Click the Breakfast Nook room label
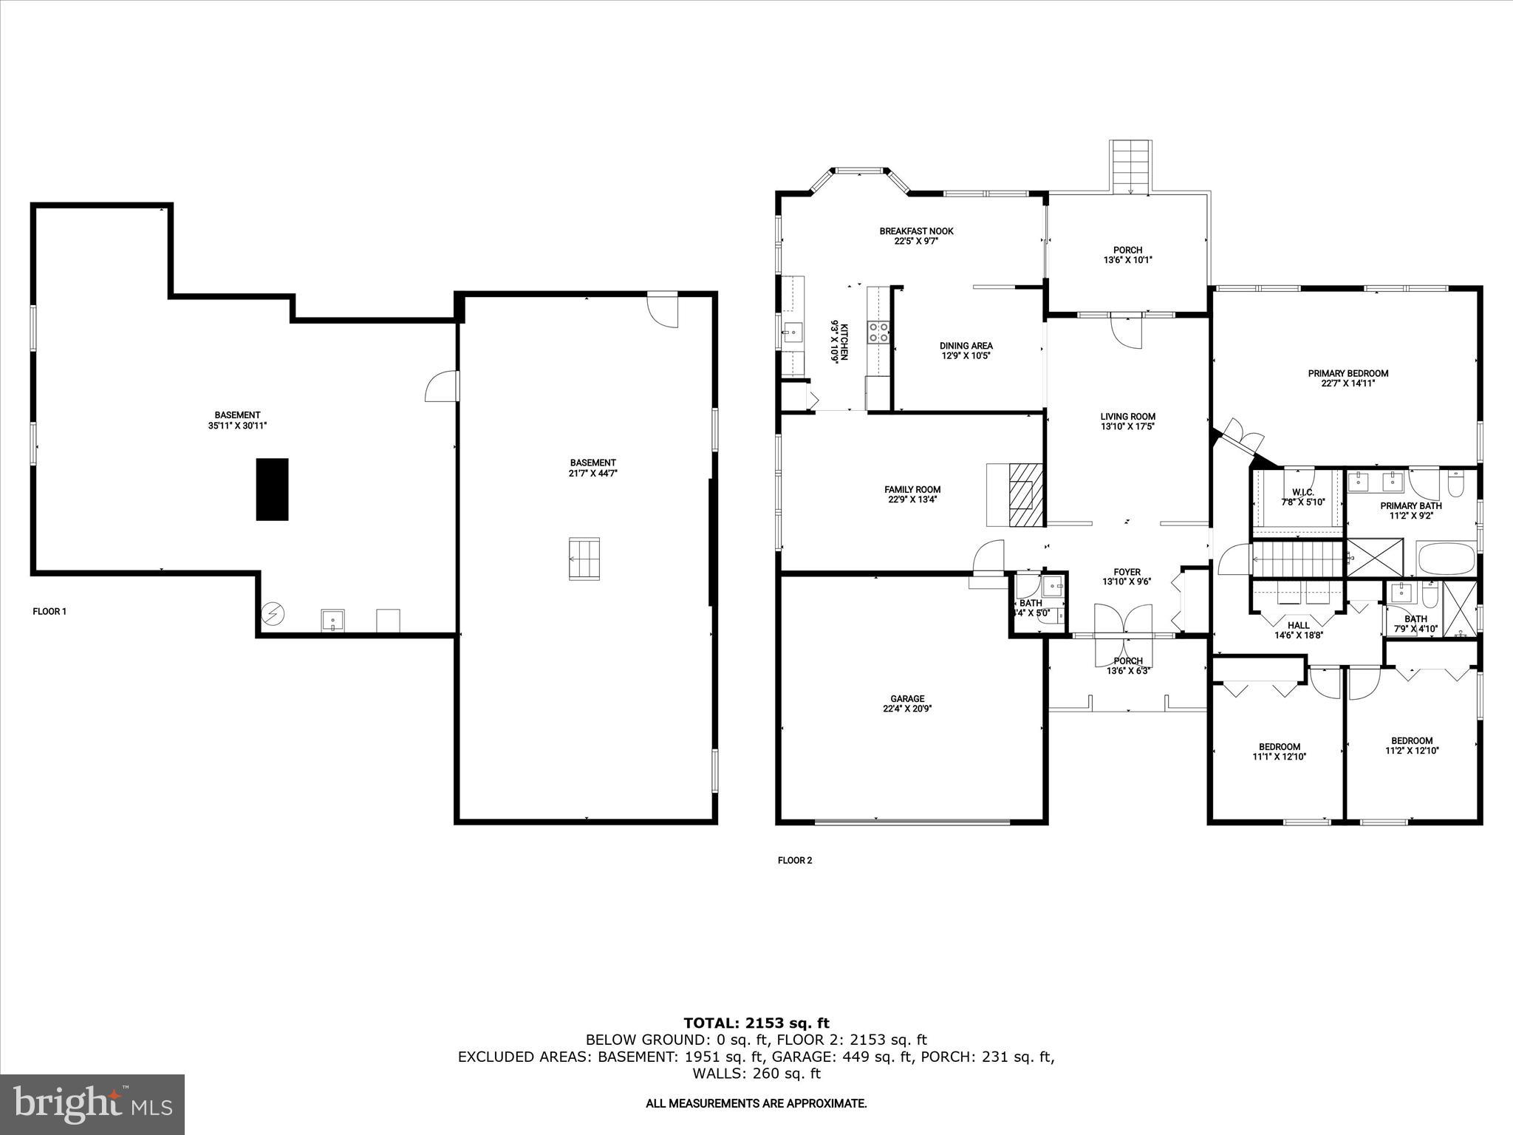tap(916, 231)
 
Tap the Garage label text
tap(907, 698)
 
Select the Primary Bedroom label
tap(1348, 373)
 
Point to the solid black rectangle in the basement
tap(272, 489)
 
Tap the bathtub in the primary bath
tap(1445, 559)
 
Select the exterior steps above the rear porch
tap(1130, 166)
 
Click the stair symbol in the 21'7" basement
tap(584, 559)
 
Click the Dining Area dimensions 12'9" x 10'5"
tap(966, 355)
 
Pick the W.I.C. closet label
tap(1302, 492)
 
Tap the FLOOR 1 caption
tap(49, 611)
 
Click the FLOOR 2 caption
tap(794, 860)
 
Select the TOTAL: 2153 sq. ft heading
tap(756, 1023)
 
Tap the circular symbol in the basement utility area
tap(273, 613)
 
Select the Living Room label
tap(1127, 416)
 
